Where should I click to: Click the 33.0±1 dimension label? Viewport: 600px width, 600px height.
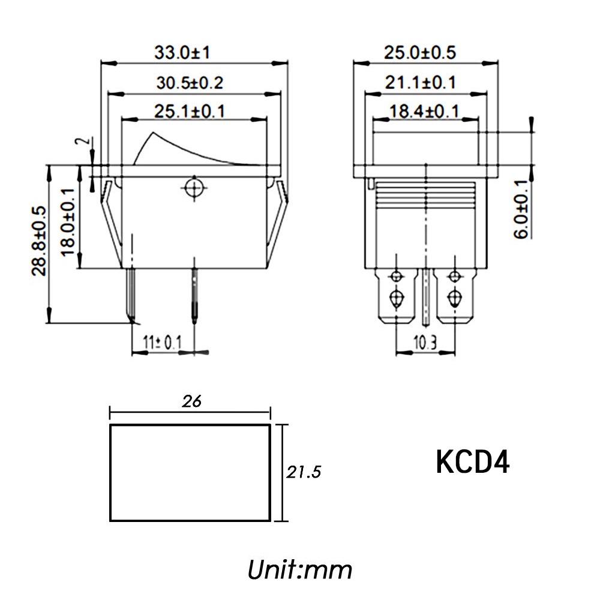[182, 52]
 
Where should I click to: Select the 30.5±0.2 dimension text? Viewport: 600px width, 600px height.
[190, 83]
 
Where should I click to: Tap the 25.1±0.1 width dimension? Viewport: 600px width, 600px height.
[190, 112]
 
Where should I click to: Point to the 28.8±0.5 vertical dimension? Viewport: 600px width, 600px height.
[38, 241]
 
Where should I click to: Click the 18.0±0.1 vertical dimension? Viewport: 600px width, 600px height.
[68, 223]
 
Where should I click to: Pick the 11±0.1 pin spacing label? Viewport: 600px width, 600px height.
[162, 343]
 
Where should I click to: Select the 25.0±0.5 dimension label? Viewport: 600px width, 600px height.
[420, 52]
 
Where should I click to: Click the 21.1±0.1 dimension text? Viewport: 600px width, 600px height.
[420, 83]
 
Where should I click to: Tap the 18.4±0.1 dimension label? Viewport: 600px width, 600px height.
[424, 112]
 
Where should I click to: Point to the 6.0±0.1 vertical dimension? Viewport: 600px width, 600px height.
[521, 209]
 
